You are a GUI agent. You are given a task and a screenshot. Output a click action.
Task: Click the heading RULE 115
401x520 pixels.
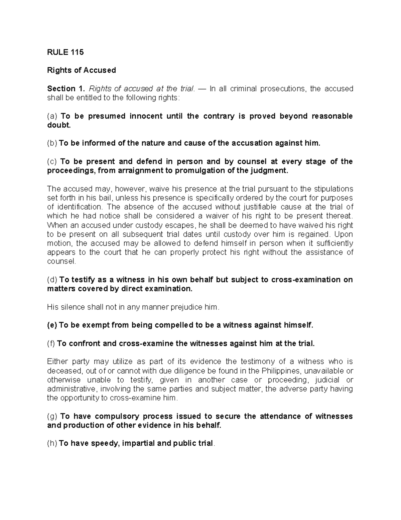click(x=65, y=52)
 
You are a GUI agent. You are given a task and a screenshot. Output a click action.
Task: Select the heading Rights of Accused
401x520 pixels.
click(x=82, y=70)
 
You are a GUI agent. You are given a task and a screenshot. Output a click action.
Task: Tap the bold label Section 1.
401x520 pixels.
click(x=66, y=89)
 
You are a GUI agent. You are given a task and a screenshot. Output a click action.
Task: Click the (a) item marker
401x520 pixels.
click(x=52, y=116)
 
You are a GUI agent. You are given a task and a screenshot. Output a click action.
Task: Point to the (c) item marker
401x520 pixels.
click(x=52, y=162)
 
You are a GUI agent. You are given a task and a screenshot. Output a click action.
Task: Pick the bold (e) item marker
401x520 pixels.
click(x=52, y=325)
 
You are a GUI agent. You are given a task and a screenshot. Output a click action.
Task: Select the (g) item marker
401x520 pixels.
click(x=52, y=416)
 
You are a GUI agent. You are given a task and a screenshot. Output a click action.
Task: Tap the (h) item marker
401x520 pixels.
click(x=52, y=443)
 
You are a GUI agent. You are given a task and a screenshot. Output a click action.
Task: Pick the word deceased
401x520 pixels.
click(x=64, y=371)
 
